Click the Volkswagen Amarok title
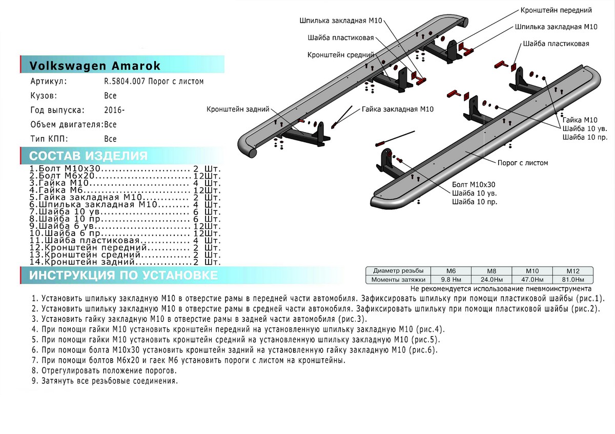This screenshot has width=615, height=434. click(95, 66)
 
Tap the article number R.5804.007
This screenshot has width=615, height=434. click(153, 81)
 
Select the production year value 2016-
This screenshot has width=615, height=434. click(114, 110)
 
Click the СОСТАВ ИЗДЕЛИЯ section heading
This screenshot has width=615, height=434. click(88, 156)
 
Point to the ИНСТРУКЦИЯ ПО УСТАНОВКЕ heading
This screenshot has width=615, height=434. click(123, 275)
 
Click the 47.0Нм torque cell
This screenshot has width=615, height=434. click(532, 279)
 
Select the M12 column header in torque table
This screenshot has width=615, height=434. click(572, 271)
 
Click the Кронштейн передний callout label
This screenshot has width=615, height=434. click(556, 10)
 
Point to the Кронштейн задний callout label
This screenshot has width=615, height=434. click(238, 109)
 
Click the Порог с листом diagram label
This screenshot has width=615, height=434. click(522, 163)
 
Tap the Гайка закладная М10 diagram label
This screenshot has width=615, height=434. click(398, 109)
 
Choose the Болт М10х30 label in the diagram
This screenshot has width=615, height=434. click(474, 184)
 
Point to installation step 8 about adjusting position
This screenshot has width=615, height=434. click(105, 371)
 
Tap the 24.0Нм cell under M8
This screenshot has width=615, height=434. click(491, 279)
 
